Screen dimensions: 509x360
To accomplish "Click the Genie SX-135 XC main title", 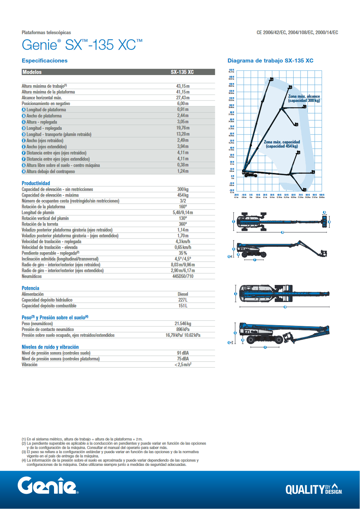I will click(x=82, y=45).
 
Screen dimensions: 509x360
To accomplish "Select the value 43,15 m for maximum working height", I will click(x=183, y=86).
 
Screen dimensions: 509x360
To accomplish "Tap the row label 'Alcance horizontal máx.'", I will click(x=42, y=98).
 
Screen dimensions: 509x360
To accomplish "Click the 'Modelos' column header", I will click(x=32, y=72).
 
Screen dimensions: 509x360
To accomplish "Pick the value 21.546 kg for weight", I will click(x=183, y=324).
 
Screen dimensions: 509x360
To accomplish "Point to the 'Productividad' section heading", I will click(x=36, y=183).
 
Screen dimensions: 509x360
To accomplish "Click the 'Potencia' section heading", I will click(x=30, y=288).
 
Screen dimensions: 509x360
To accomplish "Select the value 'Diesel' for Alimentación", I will click(x=183, y=294).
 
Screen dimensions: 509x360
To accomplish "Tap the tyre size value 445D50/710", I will click(x=183, y=277).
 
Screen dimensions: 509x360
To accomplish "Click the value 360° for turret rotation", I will click(x=183, y=224).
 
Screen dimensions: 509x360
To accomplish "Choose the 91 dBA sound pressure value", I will click(x=183, y=353).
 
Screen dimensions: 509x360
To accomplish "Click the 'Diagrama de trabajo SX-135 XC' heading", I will click(x=270, y=61).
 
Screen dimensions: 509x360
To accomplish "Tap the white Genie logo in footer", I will click(x=47, y=486).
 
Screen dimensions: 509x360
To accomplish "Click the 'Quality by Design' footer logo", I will click(x=314, y=489).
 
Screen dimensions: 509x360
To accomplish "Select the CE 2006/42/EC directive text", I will click(x=297, y=33).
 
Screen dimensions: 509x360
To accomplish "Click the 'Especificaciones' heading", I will click(x=45, y=61).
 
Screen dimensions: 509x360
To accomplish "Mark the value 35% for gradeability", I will click(x=183, y=253).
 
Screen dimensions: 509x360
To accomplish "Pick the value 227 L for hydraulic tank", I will click(x=183, y=300).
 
